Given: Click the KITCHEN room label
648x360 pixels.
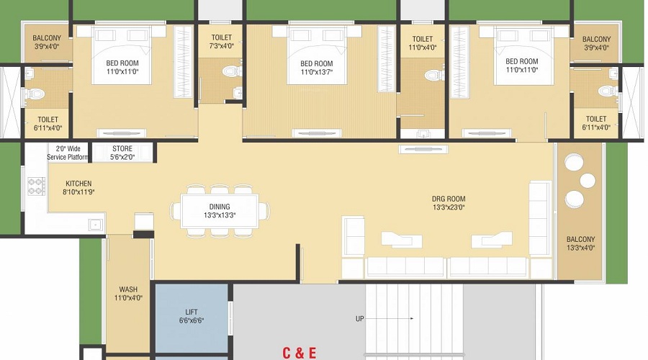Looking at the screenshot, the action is point(78,184).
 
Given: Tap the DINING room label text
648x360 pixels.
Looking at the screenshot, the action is point(220,207).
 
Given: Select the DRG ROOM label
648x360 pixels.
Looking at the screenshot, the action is point(449,199).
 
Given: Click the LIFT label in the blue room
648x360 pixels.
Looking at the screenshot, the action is point(192,312).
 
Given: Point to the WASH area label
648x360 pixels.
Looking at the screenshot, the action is point(128,289).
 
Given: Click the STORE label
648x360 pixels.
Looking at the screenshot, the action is point(122,148).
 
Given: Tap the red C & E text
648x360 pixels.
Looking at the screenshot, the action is point(300,353).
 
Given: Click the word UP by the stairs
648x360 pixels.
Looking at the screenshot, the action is point(359,319).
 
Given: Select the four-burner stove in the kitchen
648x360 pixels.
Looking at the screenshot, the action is point(37,186).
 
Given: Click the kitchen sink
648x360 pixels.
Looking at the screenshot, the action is point(95,225).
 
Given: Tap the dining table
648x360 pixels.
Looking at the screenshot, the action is point(220,210).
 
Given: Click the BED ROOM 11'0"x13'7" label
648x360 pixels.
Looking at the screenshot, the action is point(317,68).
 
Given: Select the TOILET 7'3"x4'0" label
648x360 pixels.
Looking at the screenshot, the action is point(222,42).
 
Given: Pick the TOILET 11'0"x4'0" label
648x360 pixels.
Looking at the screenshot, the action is point(423,43).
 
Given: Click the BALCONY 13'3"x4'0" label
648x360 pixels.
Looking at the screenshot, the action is point(580,243).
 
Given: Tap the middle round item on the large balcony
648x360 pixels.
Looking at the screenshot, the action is point(588,181).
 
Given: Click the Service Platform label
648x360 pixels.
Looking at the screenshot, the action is point(68,153).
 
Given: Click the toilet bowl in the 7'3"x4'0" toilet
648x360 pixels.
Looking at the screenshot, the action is point(231,71).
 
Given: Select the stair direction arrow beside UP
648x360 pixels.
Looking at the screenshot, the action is point(390,319).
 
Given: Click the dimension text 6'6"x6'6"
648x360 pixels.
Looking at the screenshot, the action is point(192,320).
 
